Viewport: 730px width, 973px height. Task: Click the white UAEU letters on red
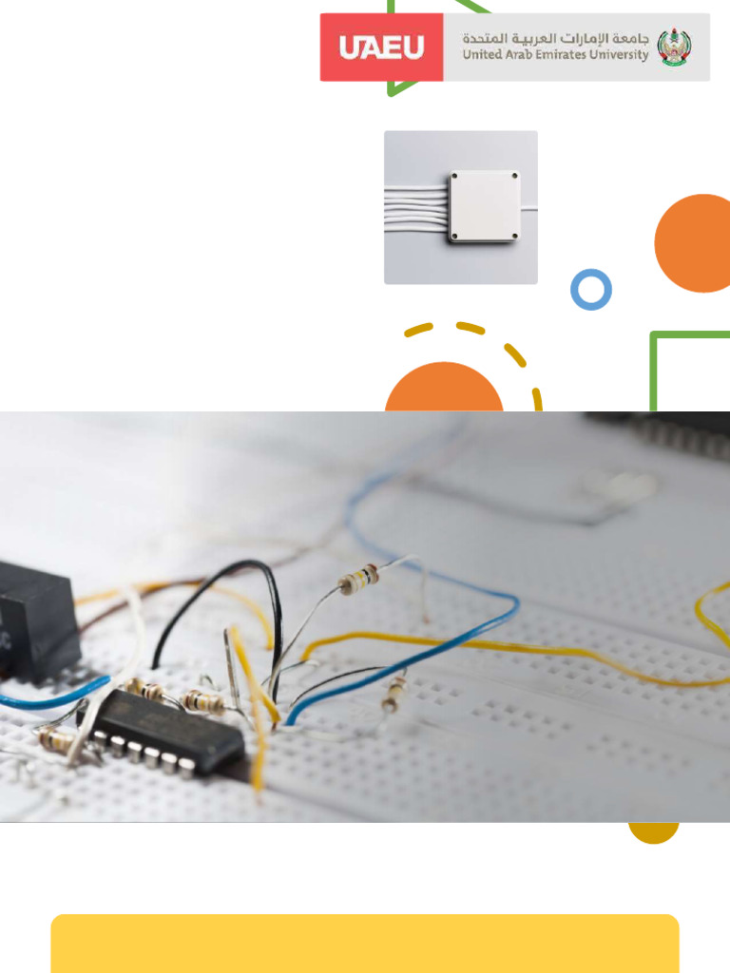pos(381,48)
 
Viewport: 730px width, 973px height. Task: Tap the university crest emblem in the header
pos(674,47)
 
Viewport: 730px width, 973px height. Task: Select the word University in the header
pos(619,55)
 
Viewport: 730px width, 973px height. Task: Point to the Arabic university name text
pos(555,38)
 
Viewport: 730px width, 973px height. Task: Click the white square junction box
pos(484,206)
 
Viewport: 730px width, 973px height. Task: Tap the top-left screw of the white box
pos(454,176)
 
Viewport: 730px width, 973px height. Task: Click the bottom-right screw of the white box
pos(514,236)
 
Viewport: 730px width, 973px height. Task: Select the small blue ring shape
pos(591,289)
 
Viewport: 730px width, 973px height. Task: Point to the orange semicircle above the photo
pos(444,388)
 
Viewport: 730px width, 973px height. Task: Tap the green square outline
pos(653,372)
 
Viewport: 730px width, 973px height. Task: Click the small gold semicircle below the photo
pos(653,831)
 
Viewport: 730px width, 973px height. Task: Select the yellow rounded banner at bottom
pos(365,944)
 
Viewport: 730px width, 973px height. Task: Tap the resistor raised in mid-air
pos(358,580)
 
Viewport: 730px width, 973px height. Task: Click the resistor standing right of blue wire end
pos(394,694)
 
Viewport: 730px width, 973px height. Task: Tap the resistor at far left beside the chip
pos(56,739)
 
